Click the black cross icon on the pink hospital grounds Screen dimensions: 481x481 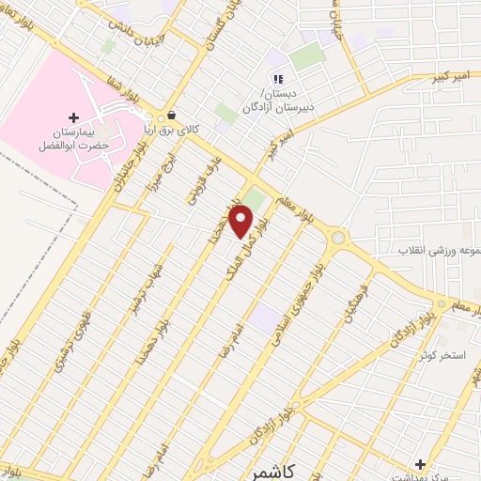pyautogui.click(x=74, y=117)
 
